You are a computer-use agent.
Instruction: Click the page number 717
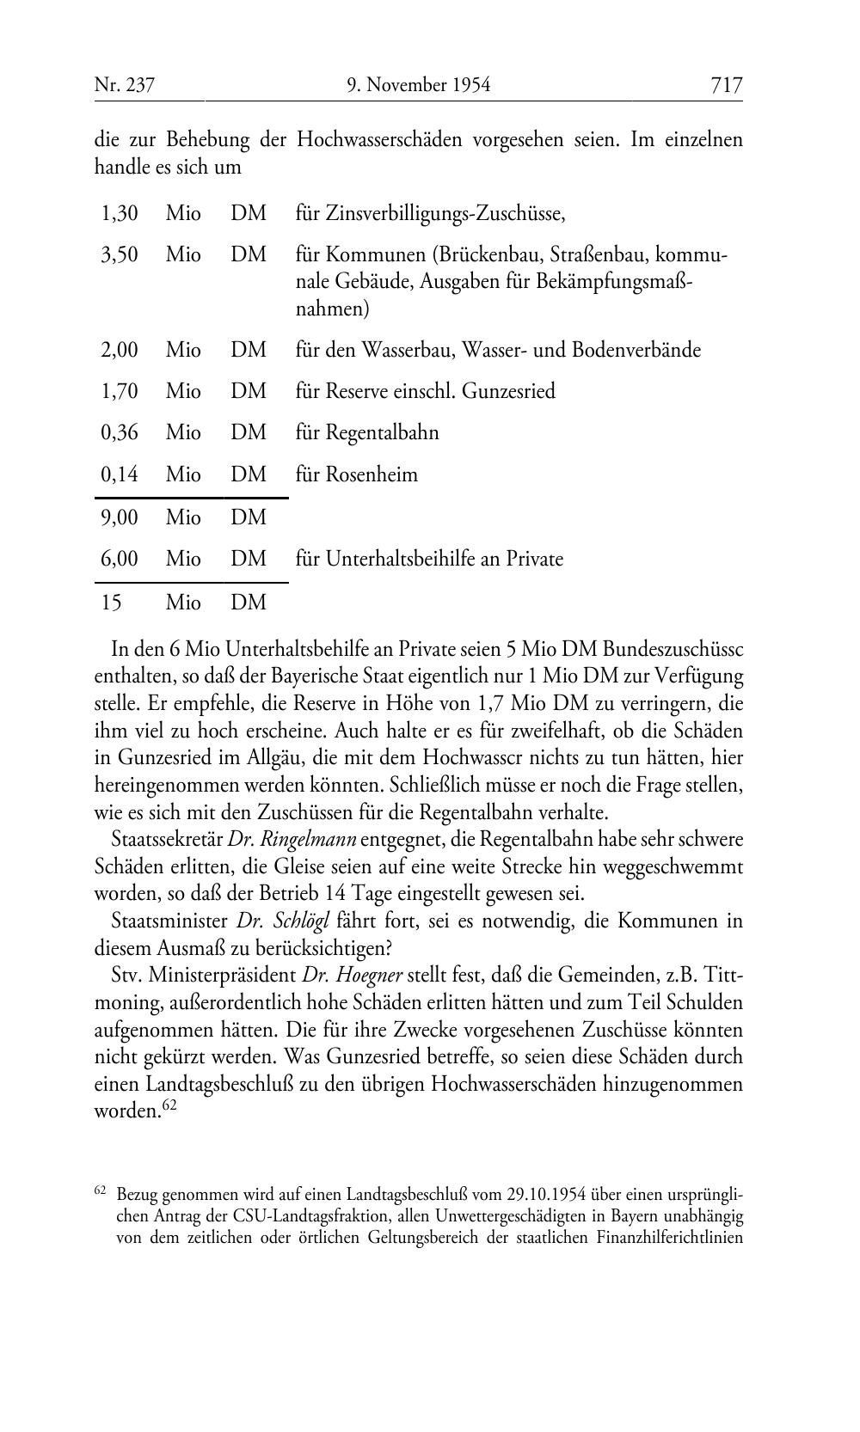click(726, 84)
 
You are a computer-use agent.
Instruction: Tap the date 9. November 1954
click(419, 85)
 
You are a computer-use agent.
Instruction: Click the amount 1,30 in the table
click(120, 213)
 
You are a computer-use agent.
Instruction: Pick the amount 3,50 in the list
click(120, 255)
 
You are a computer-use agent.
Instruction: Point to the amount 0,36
click(120, 432)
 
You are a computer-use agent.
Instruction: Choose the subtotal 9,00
click(120, 518)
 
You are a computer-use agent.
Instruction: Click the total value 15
click(112, 603)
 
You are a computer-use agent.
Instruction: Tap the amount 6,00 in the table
click(120, 560)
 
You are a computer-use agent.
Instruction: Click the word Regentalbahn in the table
click(382, 432)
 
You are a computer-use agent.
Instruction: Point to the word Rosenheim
click(372, 474)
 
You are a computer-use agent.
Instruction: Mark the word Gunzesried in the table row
click(508, 392)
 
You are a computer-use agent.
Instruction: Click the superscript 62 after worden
click(169, 1105)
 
